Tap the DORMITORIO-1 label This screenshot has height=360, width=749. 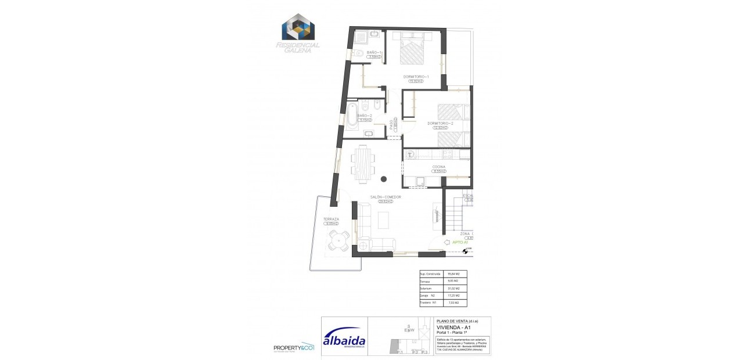(416, 77)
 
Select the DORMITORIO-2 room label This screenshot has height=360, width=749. (440, 123)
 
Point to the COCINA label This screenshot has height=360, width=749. (438, 167)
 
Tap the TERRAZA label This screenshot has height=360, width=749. (331, 219)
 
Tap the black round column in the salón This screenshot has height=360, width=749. (384, 178)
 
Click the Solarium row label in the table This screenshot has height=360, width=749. (427, 288)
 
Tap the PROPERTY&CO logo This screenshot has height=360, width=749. (294, 348)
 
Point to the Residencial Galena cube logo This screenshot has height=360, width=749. (298, 27)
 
